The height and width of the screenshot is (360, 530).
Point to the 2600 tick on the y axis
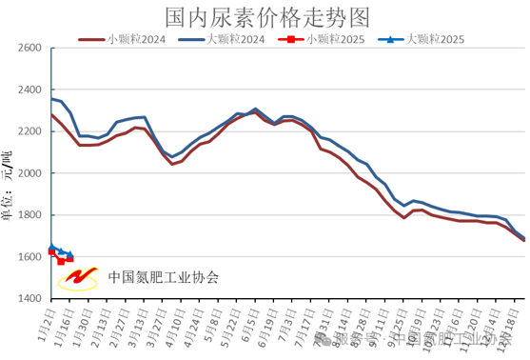click(29, 48)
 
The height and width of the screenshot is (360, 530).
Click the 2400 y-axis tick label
click(29, 90)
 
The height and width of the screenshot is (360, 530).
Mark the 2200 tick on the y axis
click(29, 131)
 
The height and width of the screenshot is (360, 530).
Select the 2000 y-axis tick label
click(29, 173)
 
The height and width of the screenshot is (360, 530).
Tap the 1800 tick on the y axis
click(29, 215)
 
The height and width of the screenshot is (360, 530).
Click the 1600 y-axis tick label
click(29, 257)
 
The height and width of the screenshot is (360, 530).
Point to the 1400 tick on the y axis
click(29, 299)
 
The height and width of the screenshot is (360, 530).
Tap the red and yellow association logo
click(79, 276)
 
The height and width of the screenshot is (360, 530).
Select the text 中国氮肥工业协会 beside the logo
click(164, 278)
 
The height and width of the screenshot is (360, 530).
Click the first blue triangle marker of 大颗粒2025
click(51, 248)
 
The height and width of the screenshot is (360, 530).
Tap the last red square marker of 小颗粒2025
click(69, 259)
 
